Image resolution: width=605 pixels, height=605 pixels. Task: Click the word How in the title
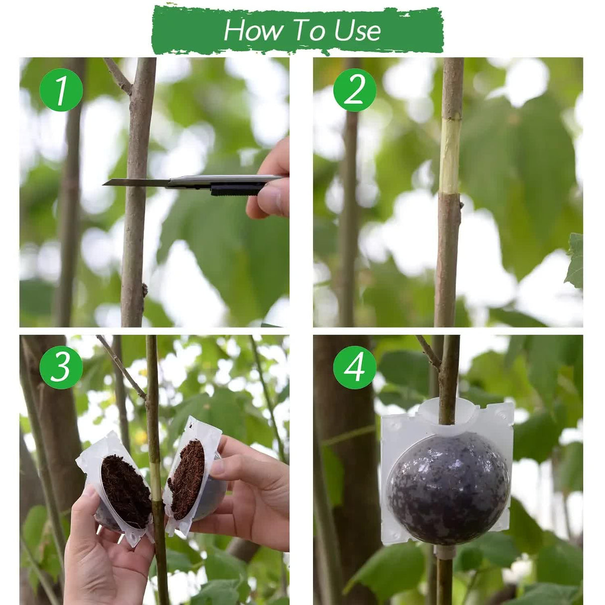point(252,30)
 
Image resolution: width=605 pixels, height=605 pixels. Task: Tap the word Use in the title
point(357,30)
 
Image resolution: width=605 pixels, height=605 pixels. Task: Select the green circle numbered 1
point(61,90)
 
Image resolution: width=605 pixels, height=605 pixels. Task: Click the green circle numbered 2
point(354,90)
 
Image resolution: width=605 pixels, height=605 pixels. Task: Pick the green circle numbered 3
point(61,368)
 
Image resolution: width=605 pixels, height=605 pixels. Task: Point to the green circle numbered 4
point(354,368)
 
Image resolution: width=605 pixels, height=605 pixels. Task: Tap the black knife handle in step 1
point(237,189)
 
